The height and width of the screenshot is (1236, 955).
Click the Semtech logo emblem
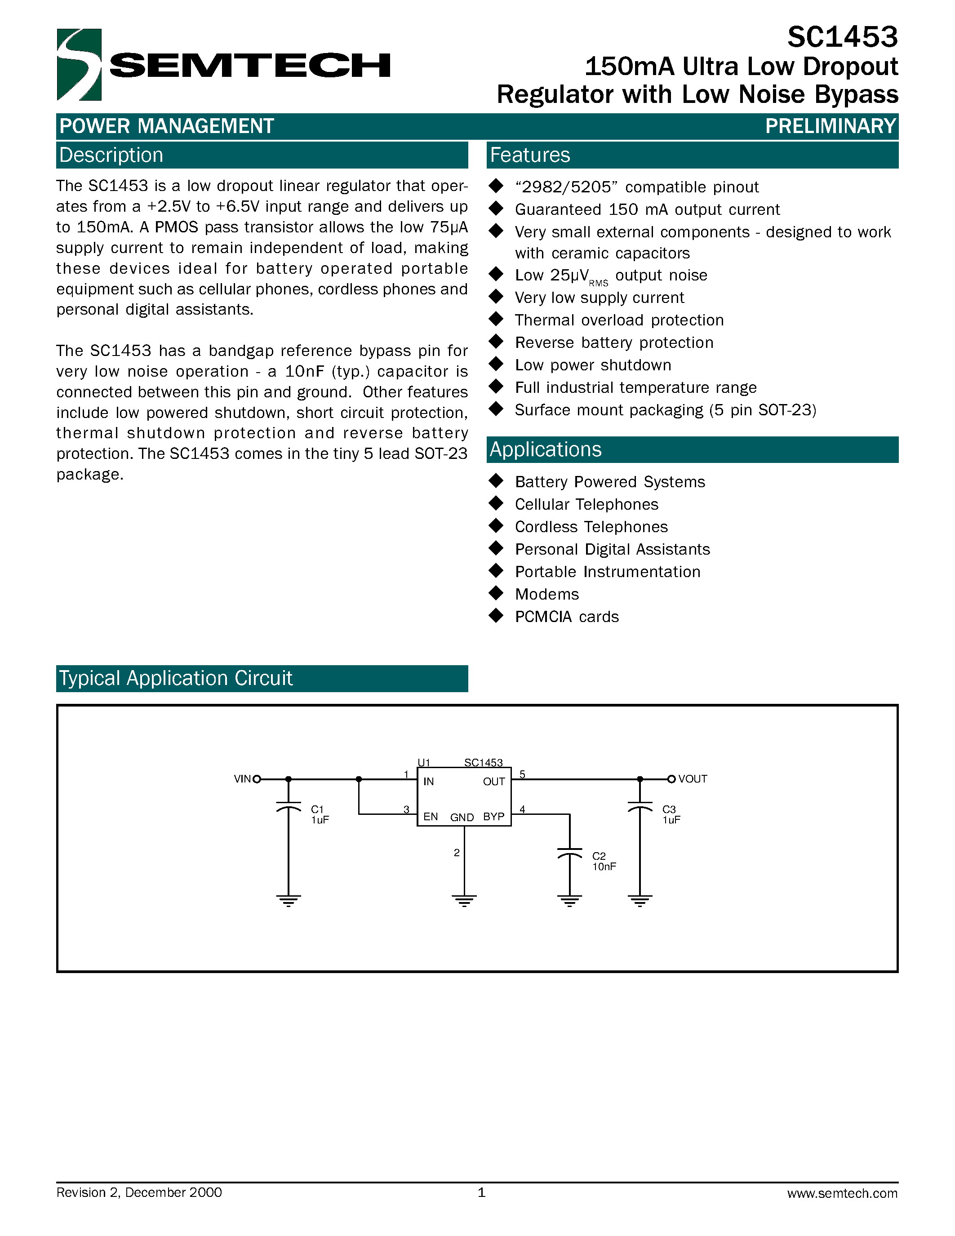point(79,65)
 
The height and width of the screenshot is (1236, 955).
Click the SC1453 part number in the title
point(842,37)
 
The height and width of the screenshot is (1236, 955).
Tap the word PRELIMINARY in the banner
point(830,126)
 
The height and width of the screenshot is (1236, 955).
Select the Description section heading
point(111,155)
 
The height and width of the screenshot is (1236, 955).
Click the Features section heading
point(529,155)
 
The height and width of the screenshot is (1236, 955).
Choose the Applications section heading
point(546,449)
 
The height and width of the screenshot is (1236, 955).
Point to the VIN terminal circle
point(257,779)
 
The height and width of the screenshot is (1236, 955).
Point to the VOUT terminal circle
point(671,779)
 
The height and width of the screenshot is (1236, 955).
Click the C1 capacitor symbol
point(289,806)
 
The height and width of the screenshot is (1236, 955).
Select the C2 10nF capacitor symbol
point(570,853)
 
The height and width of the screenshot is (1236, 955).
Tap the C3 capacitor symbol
point(640,806)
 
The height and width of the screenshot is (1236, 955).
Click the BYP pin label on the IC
point(493,817)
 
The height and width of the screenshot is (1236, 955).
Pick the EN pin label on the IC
point(430,817)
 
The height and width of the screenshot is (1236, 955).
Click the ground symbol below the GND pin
point(464,900)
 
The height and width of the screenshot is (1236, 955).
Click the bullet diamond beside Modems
point(496,593)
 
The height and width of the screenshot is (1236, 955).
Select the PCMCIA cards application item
point(566,617)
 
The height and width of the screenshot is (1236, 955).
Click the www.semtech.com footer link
point(842,1194)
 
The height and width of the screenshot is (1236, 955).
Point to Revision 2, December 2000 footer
point(139,1193)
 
